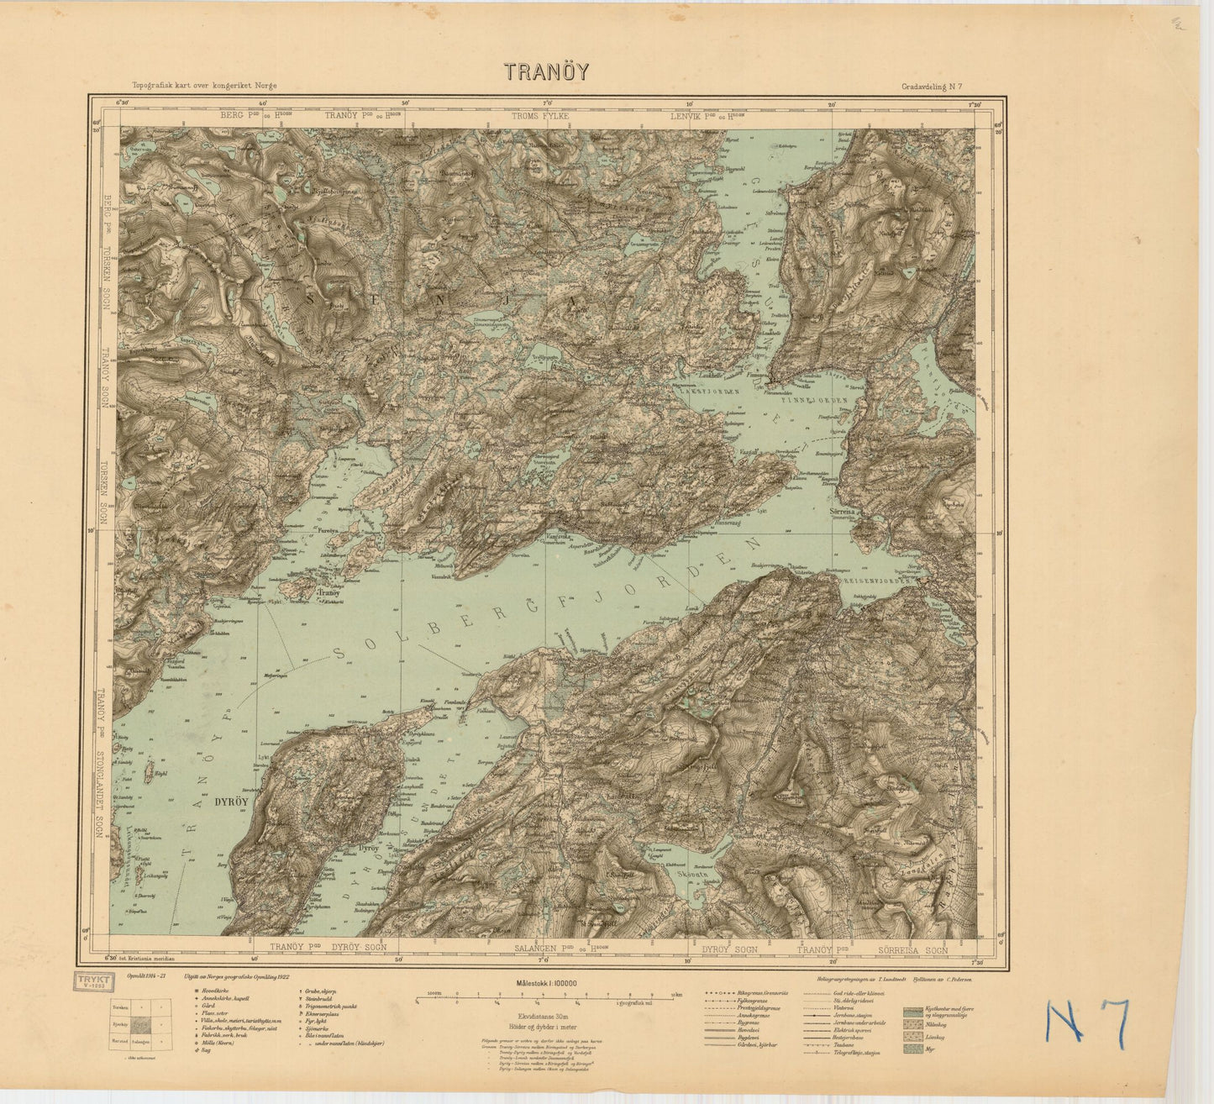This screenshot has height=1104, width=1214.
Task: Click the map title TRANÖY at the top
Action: pos(547,71)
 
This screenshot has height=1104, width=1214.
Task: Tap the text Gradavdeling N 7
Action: pos(938,86)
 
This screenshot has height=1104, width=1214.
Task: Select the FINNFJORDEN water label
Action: pos(811,401)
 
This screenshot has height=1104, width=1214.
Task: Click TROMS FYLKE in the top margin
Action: pos(540,116)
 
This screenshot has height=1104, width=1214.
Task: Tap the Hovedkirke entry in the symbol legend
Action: pos(208,993)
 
